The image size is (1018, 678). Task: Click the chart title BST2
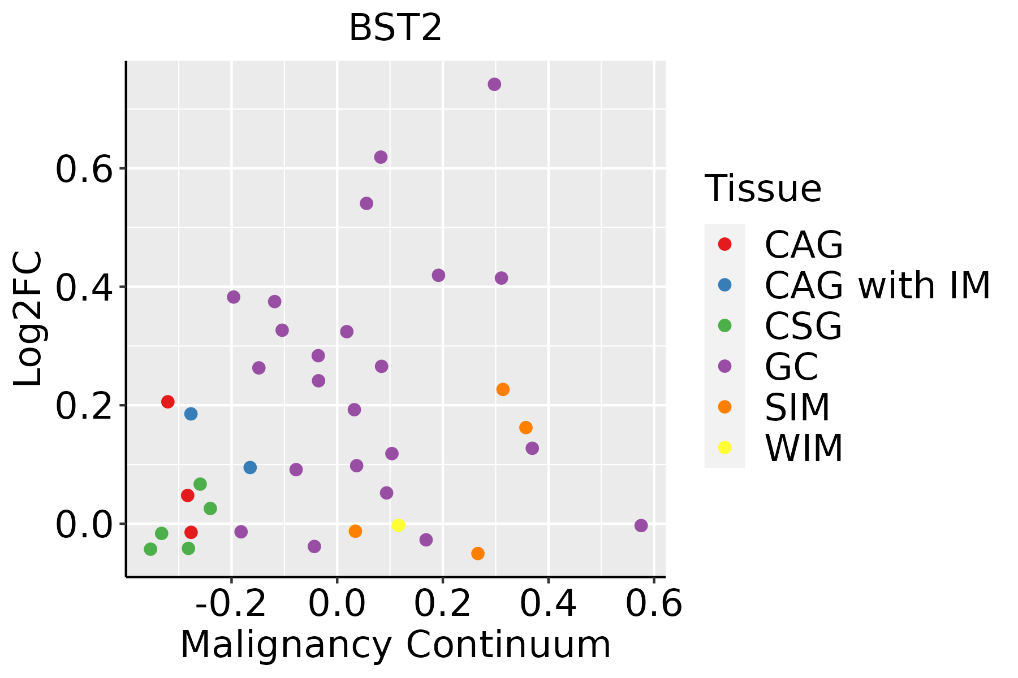pyautogui.click(x=395, y=28)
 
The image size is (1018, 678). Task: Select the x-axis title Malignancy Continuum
pyautogui.click(x=395, y=644)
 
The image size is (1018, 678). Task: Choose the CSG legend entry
pyautogui.click(x=803, y=325)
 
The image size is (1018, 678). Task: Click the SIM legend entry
pyautogui.click(x=797, y=407)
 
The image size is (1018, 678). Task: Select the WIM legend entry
pyautogui.click(x=803, y=447)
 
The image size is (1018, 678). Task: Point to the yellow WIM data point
pyautogui.click(x=398, y=525)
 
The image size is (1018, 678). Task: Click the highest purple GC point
pyautogui.click(x=494, y=84)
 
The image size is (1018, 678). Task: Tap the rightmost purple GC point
pyautogui.click(x=641, y=525)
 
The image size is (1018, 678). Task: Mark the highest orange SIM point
pyautogui.click(x=503, y=389)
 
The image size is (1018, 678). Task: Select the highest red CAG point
pyautogui.click(x=167, y=402)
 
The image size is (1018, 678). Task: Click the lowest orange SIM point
pyautogui.click(x=478, y=553)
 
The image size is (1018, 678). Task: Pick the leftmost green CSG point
pyautogui.click(x=150, y=549)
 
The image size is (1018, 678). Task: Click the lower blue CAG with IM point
pyautogui.click(x=250, y=467)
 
